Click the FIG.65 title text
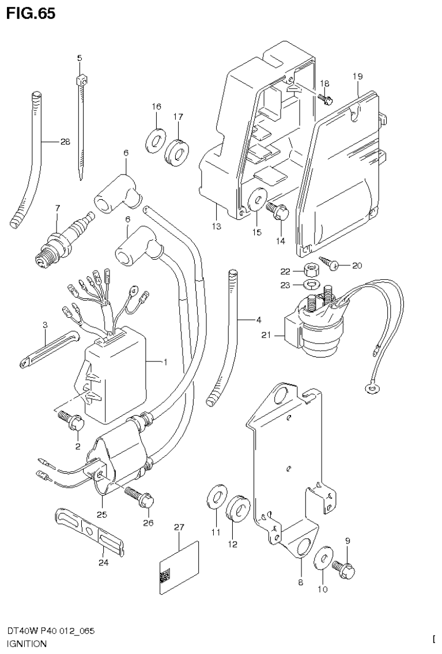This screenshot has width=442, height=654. click(x=32, y=14)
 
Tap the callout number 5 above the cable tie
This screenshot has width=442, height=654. click(x=80, y=58)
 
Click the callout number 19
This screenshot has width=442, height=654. click(x=357, y=76)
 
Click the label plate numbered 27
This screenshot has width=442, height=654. click(x=178, y=567)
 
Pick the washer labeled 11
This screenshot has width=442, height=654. click(x=216, y=496)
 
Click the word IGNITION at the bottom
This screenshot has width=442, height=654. click(x=27, y=644)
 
